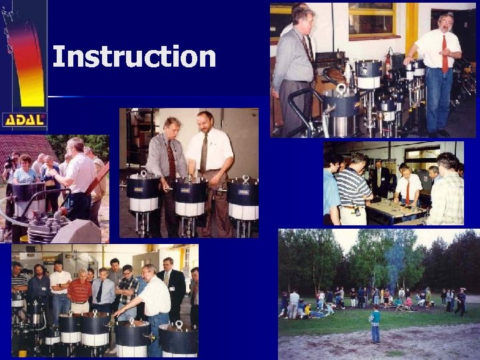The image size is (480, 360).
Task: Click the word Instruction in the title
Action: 134,57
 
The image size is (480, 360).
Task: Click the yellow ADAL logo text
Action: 24,120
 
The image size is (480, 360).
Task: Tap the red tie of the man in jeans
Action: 445,54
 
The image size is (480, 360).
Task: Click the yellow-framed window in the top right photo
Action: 371,19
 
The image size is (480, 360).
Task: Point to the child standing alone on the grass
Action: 375,323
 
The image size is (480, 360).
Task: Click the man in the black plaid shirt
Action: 127,289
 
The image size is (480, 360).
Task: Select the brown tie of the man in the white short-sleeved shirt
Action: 204,154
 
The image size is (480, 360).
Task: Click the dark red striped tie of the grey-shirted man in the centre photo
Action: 171,160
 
